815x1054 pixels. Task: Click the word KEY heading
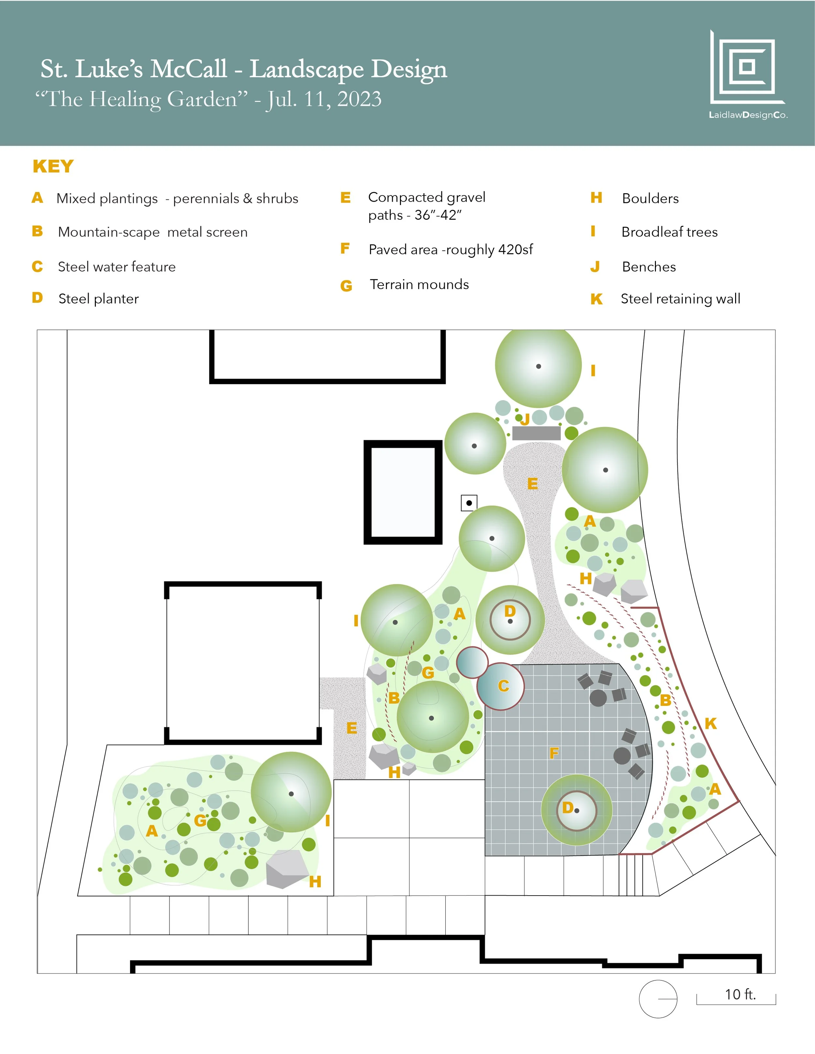pos(53,167)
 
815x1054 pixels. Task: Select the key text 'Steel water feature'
pos(116,267)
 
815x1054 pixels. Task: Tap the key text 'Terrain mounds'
pos(419,285)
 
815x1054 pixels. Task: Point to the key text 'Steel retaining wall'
pos(680,299)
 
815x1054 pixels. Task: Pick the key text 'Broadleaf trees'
pos(669,232)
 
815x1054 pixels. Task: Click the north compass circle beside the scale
pos(658,999)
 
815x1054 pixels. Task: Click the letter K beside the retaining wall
pos(710,724)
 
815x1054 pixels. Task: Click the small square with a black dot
pos(469,503)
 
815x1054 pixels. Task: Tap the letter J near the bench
pos(525,419)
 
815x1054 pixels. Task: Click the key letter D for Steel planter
pos(37,298)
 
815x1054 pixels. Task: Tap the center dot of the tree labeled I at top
pos(538,366)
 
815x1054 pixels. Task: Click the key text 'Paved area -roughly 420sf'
pos(451,250)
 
